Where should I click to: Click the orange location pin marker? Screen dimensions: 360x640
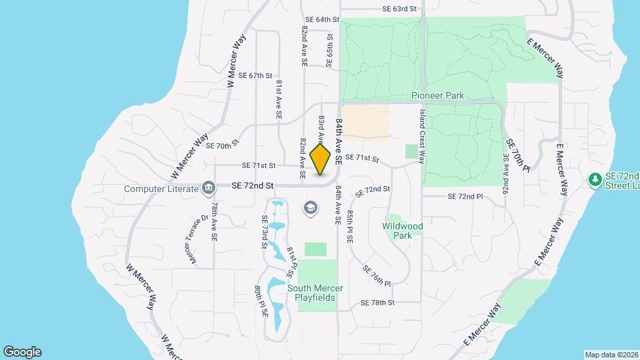(x=321, y=159)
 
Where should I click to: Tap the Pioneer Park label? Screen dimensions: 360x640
(x=437, y=96)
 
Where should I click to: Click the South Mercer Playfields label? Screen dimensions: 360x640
(x=315, y=293)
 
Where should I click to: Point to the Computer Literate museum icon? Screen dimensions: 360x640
(x=208, y=188)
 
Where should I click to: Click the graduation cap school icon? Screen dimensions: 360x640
(x=309, y=209)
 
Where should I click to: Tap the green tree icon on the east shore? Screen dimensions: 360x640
(x=595, y=180)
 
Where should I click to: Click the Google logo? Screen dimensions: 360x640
(x=22, y=352)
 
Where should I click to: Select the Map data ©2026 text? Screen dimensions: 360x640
(x=611, y=354)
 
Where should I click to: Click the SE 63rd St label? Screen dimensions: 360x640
(x=399, y=9)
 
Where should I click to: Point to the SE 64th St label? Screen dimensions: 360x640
(x=323, y=20)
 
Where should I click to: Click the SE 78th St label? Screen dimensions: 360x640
(x=378, y=302)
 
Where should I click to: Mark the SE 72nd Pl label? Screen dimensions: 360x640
(x=465, y=197)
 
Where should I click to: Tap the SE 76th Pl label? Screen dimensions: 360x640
(x=377, y=275)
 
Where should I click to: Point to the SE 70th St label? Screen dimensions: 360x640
(x=222, y=145)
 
